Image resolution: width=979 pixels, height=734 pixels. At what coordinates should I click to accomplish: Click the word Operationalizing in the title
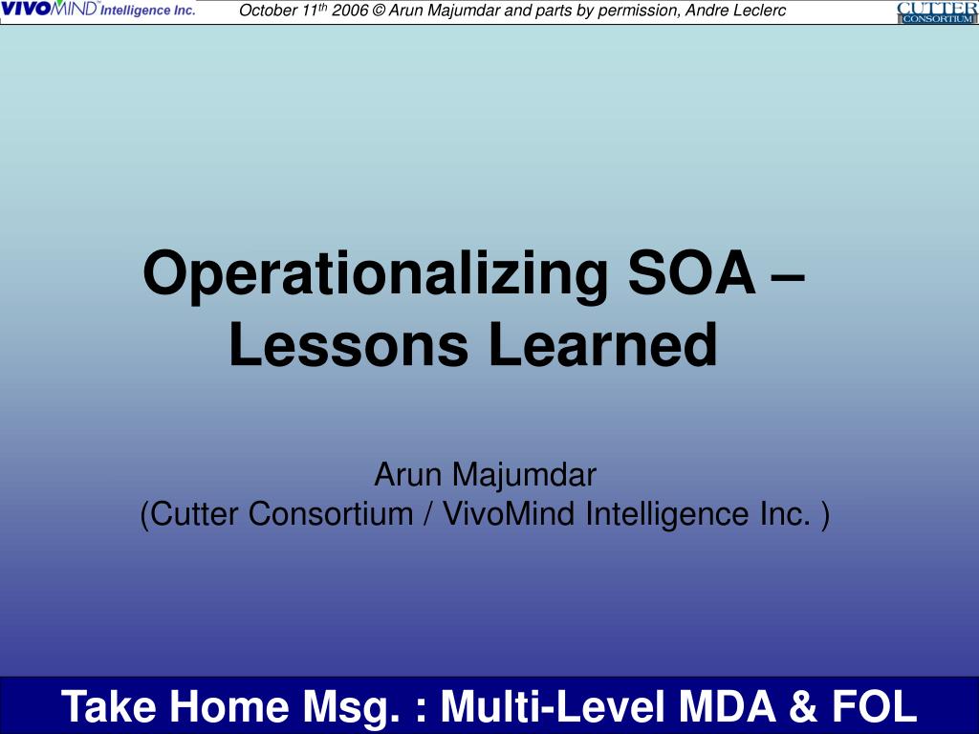374,274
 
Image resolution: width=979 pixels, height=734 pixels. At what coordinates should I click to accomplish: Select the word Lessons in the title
349,345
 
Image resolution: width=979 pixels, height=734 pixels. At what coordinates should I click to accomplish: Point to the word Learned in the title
602,345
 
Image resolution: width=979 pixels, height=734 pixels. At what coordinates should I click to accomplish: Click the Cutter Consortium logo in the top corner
937,12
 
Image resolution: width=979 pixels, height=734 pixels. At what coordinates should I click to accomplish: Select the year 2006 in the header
350,11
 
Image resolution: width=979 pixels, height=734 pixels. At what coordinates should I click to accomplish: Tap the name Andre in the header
695,11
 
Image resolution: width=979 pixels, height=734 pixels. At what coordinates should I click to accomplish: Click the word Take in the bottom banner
108,707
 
